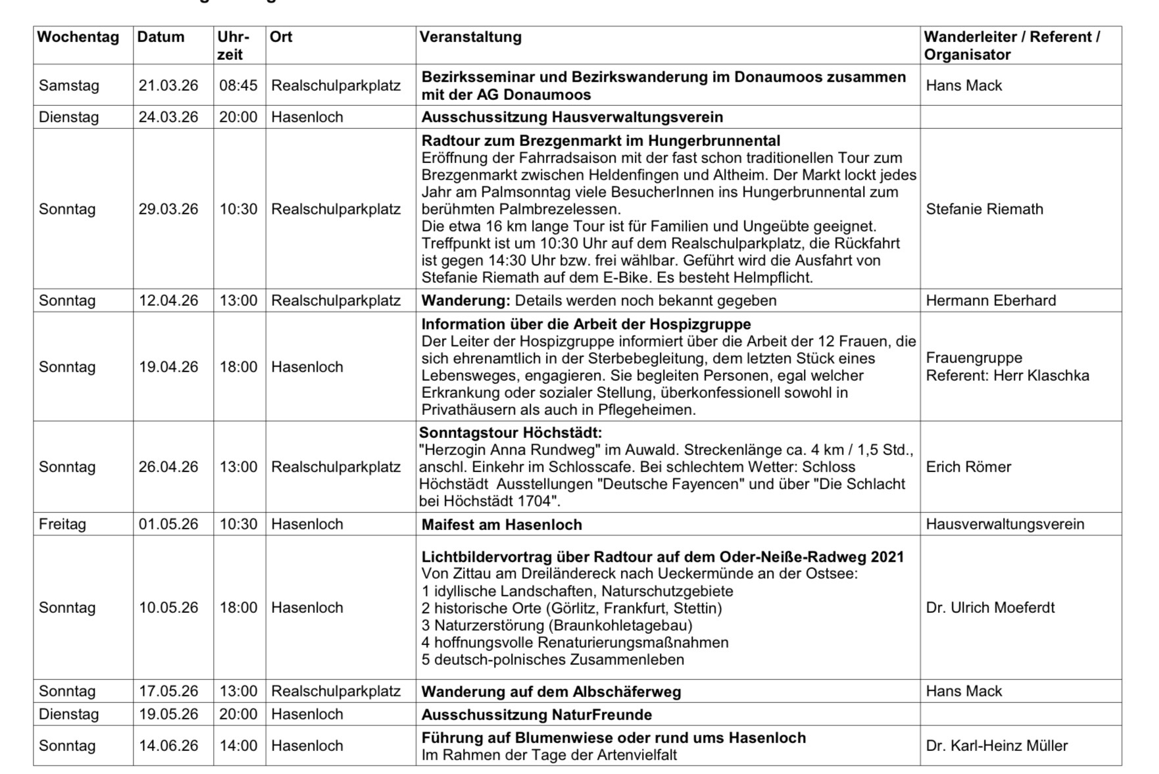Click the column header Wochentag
click(78, 37)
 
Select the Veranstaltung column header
click(470, 37)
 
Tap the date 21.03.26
click(168, 85)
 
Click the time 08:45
click(238, 85)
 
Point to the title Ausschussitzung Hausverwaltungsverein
click(572, 117)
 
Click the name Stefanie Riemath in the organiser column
click(984, 209)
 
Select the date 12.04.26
click(168, 301)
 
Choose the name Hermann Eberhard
click(991, 301)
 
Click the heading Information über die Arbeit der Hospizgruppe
click(585, 324)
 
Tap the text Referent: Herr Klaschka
click(1007, 375)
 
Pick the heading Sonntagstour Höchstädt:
click(510, 433)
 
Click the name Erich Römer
click(968, 467)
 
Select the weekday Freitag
click(62, 524)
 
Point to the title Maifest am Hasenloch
click(501, 525)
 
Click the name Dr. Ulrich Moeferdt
click(990, 608)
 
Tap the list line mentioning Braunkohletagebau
click(556, 625)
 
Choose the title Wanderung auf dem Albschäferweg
click(551, 692)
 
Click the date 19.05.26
click(168, 714)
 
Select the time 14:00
click(238, 746)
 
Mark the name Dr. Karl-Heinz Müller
click(997, 746)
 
